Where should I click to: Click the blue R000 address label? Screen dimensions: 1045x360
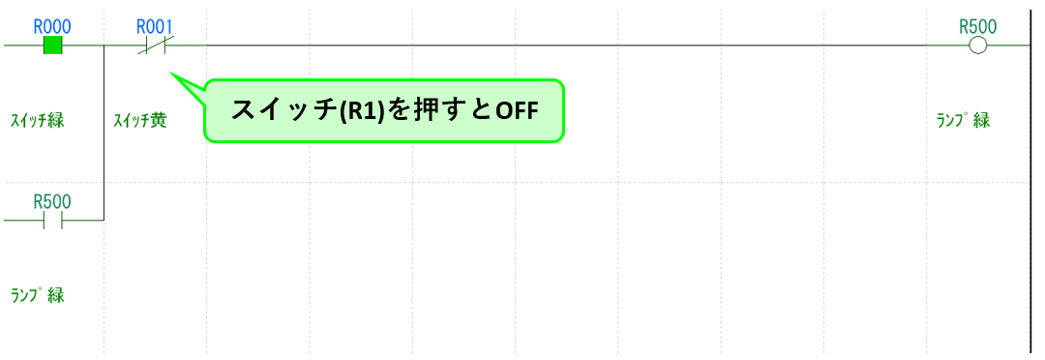point(52,26)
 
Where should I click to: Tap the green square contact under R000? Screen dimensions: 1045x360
point(53,45)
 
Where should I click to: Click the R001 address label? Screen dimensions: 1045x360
point(155,26)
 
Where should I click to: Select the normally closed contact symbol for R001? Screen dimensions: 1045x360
point(155,45)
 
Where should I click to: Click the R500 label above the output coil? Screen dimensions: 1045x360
point(977,26)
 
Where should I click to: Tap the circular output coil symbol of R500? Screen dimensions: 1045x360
point(977,45)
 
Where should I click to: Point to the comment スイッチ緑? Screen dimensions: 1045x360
point(38,121)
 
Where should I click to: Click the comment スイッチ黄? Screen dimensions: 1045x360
point(139,121)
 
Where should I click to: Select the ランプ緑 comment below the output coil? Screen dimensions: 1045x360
point(963,121)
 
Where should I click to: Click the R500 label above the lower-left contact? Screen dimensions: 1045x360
point(52,202)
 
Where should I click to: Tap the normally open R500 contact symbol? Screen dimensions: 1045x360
point(53,221)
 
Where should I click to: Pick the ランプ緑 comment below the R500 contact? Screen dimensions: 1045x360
point(38,295)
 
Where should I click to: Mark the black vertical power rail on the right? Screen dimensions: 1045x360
point(1031,194)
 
